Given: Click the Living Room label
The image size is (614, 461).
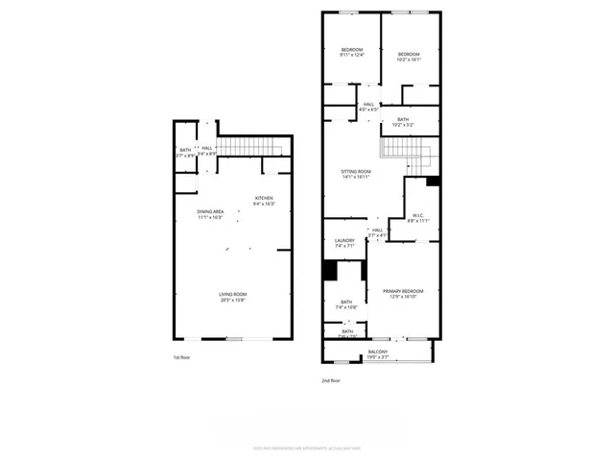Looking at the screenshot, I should pos(233,294).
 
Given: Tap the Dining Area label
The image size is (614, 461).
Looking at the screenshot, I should pos(210,211).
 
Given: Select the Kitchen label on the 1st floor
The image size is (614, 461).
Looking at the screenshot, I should pos(264,199).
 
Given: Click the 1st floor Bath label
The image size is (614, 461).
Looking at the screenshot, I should pos(185,150).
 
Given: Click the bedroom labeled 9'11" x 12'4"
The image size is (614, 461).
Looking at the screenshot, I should pos(352,50).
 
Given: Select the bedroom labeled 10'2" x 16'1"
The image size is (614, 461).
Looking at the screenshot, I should pos(410,55).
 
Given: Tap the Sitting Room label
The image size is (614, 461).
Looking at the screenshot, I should pos(356,172).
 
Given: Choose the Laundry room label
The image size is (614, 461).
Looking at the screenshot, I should pos(344,240).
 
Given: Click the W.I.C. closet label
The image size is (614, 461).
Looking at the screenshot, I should pos(418,215).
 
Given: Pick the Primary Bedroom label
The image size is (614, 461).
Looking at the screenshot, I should pos(403,291).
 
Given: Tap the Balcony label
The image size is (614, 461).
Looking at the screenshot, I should pos(379,352).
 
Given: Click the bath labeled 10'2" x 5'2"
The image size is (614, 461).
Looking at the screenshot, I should pos(403,120).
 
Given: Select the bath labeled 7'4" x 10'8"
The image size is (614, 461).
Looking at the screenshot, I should pos(345,303).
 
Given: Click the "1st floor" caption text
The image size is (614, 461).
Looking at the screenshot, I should pos(183,357).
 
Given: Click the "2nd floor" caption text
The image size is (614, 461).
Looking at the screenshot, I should pos(331,381).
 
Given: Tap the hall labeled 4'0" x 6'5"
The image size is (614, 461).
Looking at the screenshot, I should pos(368,105).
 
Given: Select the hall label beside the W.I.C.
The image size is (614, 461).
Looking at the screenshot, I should pos(377,230).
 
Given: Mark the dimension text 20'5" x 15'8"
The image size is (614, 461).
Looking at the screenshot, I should pos(233,300).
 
